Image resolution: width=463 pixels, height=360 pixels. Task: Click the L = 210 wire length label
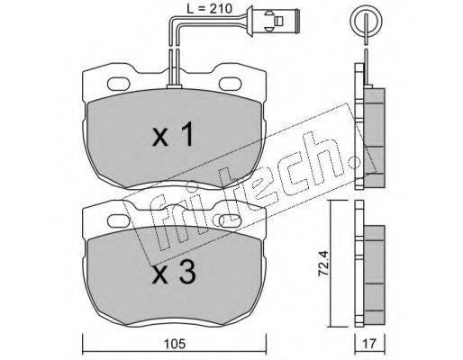tap(209, 8)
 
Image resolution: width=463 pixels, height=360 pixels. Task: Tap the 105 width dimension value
tap(175, 344)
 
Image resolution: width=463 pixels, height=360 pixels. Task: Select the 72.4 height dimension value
tap(323, 263)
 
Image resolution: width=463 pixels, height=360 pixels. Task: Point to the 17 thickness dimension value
tap(369, 344)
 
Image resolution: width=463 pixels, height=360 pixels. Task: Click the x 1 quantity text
tap(173, 135)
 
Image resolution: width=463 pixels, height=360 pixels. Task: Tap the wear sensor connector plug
tap(278, 21)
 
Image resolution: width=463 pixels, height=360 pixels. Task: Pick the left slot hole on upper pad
tap(119, 84)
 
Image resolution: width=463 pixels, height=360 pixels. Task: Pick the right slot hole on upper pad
tap(231, 84)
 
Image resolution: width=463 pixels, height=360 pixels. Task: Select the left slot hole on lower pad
tap(119, 221)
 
